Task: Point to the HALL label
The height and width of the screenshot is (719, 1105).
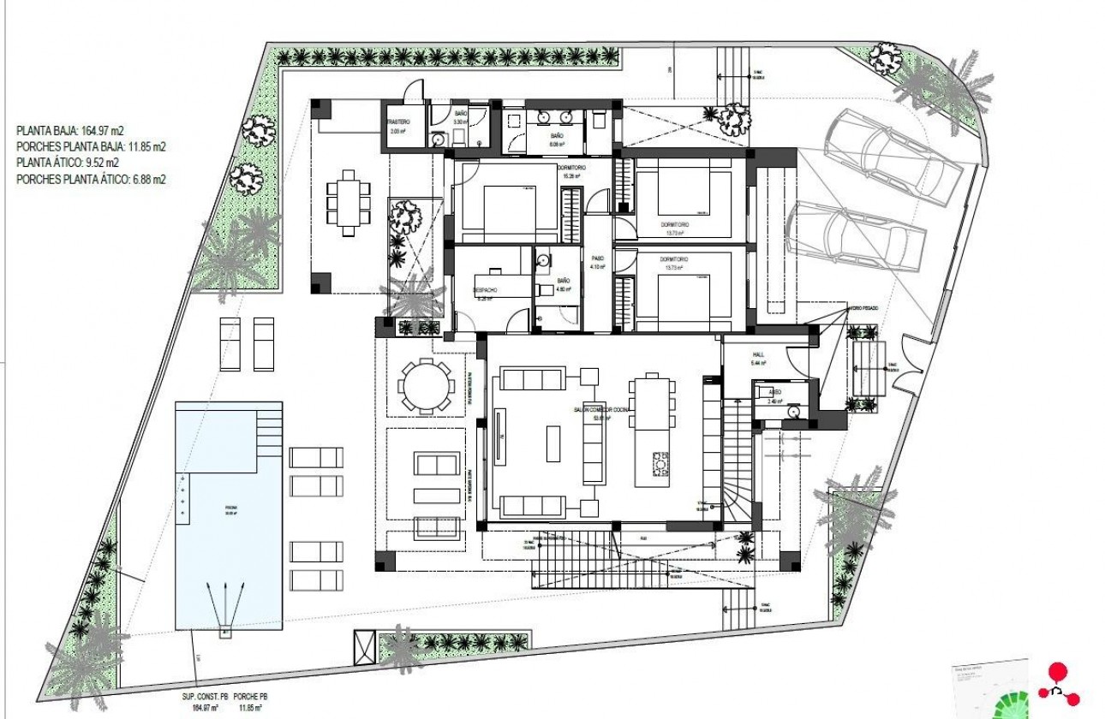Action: click(758, 354)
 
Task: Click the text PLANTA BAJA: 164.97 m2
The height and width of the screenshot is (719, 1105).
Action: click(71, 131)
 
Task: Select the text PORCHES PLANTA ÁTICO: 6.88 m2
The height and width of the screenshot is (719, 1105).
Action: click(91, 180)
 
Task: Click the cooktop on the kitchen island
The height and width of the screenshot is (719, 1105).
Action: click(660, 464)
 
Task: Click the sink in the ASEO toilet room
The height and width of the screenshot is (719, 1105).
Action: click(794, 410)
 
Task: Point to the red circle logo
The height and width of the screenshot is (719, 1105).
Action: click(1059, 673)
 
